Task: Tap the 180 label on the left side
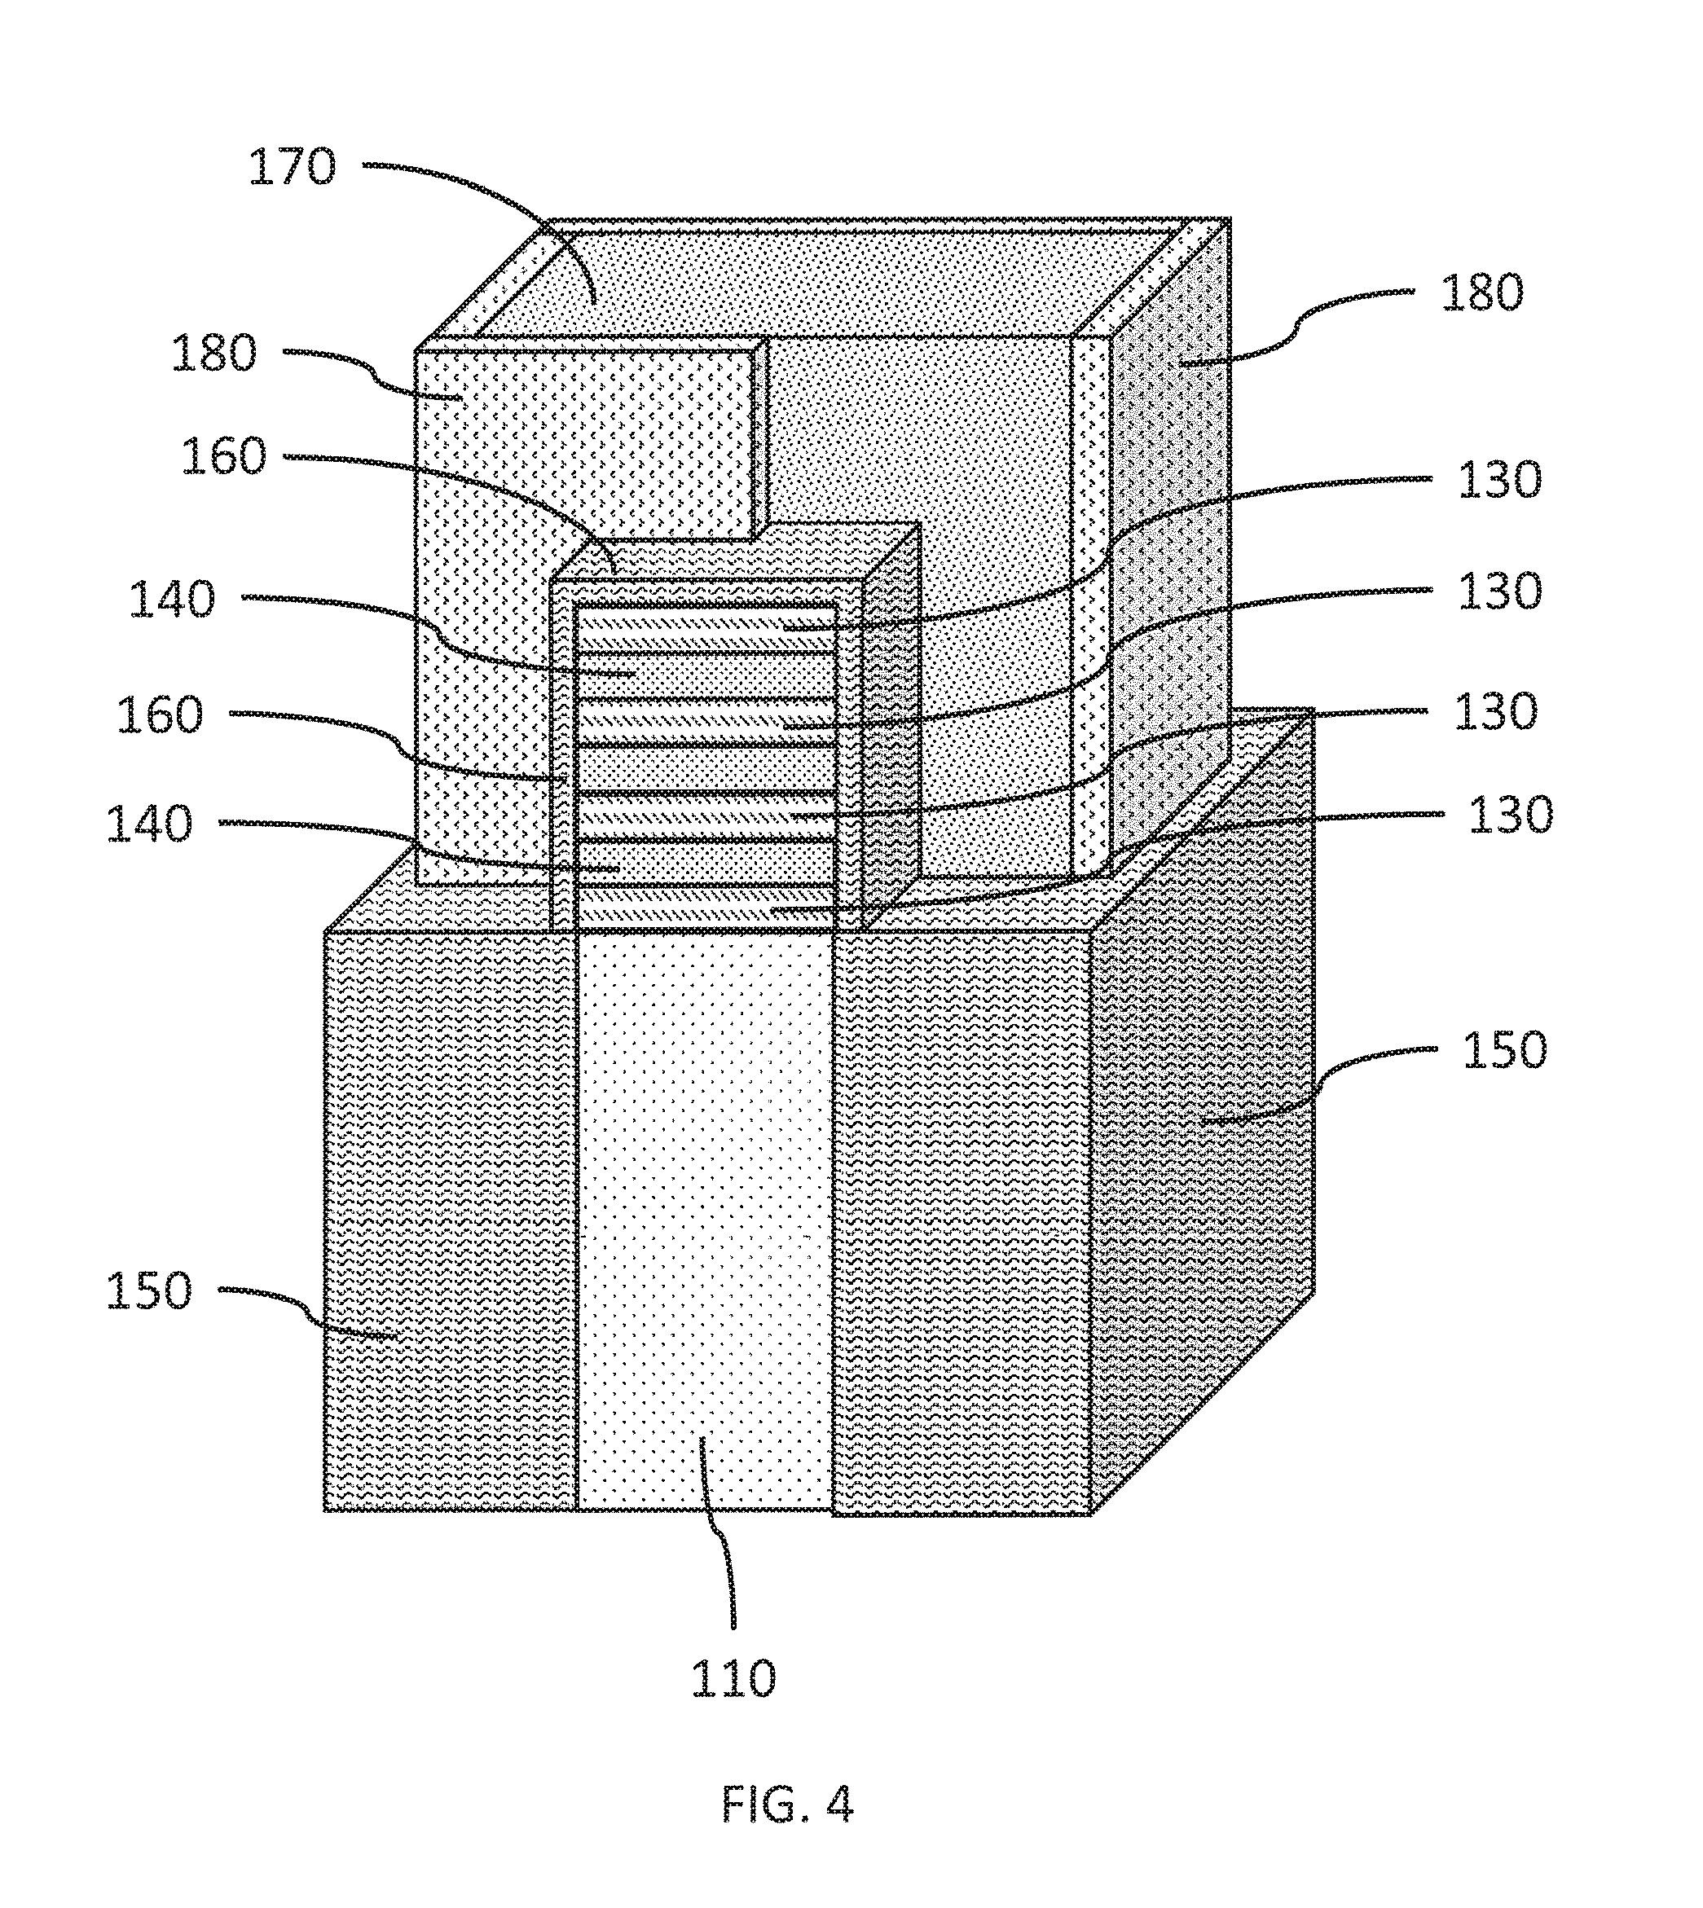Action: click(213, 354)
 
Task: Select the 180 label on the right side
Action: click(1481, 292)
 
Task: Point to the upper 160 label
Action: click(223, 456)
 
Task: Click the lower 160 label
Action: click(159, 714)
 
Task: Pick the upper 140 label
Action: click(171, 599)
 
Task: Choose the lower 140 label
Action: click(149, 824)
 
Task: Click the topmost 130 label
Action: click(1499, 481)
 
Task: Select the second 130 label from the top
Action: click(1499, 592)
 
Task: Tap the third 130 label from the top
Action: click(1494, 712)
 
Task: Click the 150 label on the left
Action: click(147, 1290)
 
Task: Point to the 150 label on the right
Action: click(1503, 1050)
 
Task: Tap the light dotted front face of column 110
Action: click(704, 1216)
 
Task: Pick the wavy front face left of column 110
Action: click(449, 1216)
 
